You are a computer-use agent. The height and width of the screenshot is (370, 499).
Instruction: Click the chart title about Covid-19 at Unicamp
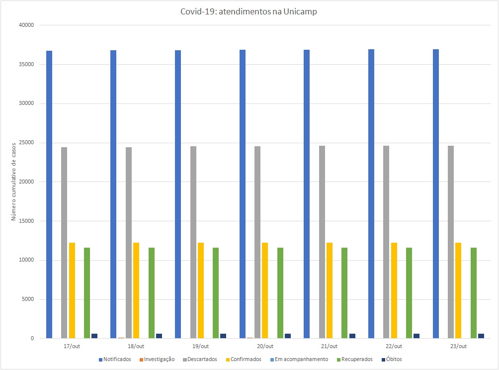click(x=249, y=12)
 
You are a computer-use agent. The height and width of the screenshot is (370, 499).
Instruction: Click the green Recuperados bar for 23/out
click(x=474, y=293)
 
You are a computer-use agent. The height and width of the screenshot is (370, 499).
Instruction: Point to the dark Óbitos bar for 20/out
click(x=288, y=336)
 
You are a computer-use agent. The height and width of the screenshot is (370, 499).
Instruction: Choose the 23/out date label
click(x=458, y=346)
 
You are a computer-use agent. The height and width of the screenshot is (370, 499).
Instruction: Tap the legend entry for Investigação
click(x=158, y=359)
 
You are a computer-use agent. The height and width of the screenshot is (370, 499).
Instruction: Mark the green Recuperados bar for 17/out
click(x=87, y=293)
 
